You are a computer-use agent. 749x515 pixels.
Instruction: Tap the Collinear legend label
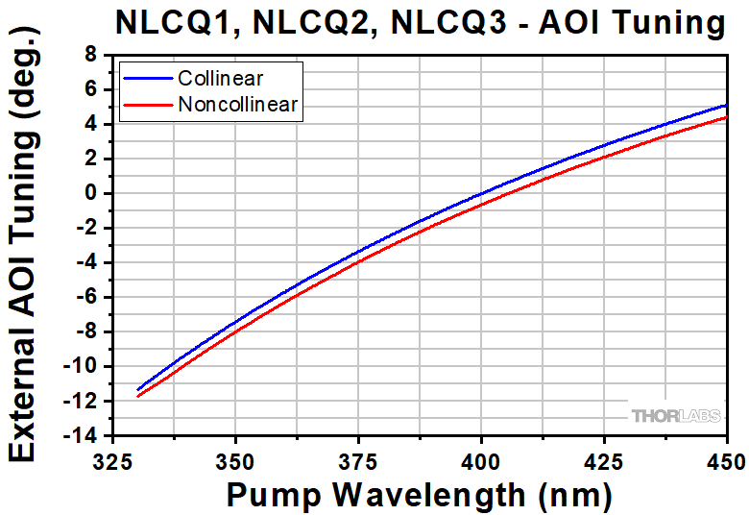tap(220, 78)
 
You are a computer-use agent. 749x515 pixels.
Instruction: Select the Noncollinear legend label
tap(238, 105)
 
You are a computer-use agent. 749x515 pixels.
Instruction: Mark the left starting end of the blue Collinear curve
tap(138, 389)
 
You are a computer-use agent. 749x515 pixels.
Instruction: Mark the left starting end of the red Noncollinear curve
tap(138, 396)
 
